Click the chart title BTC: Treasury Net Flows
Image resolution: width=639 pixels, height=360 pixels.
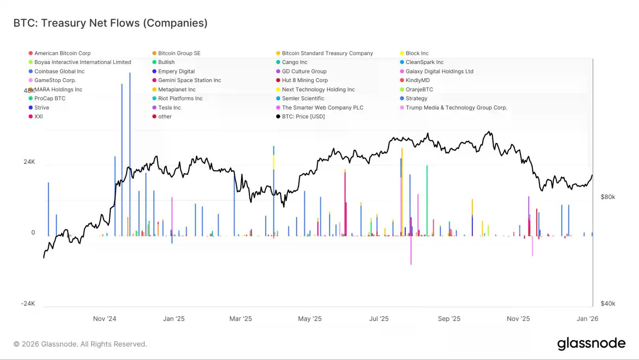point(110,23)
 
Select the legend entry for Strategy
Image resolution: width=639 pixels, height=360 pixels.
point(416,99)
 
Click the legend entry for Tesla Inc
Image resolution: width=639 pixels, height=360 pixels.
point(169,108)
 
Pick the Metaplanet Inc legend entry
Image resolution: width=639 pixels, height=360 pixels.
point(177,90)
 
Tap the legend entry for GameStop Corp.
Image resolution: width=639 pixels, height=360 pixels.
point(55,81)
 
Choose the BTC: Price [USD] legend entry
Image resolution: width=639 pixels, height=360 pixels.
point(303,117)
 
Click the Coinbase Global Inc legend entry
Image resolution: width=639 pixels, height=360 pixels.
point(59,71)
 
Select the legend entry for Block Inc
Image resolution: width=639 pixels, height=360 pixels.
point(417,53)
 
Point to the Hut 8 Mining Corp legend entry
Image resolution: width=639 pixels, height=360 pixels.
point(305,81)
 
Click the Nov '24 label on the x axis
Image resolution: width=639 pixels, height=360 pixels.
point(105,319)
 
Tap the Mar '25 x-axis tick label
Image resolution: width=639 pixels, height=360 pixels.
point(241,319)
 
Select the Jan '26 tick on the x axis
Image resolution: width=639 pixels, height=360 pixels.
point(587,319)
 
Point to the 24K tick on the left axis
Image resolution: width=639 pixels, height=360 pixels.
point(29,162)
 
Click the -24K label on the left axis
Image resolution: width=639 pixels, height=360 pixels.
point(28,304)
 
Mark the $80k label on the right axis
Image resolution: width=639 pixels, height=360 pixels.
point(608,197)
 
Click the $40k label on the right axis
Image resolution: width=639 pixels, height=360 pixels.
point(608,304)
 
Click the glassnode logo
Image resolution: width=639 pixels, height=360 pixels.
point(591,344)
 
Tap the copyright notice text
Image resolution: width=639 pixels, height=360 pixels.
point(80,344)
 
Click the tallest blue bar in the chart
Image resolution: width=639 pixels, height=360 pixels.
point(130,154)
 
